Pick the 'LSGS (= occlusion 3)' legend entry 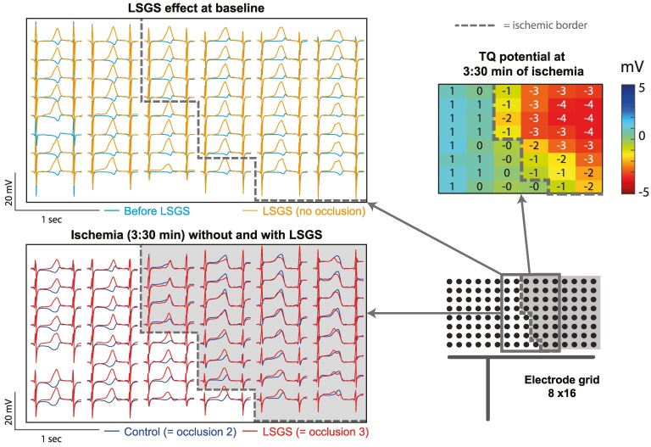click(x=303, y=431)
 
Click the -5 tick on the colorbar click(x=640, y=193)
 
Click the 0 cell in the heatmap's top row click(x=481, y=92)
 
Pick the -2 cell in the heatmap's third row click(x=506, y=117)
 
